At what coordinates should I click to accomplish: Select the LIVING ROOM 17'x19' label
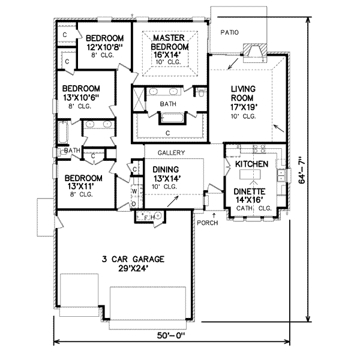244,102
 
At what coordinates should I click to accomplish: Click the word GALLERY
172,153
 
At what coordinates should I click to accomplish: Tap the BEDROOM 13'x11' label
82,185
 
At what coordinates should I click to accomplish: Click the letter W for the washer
134,191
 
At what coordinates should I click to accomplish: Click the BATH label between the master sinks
167,104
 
